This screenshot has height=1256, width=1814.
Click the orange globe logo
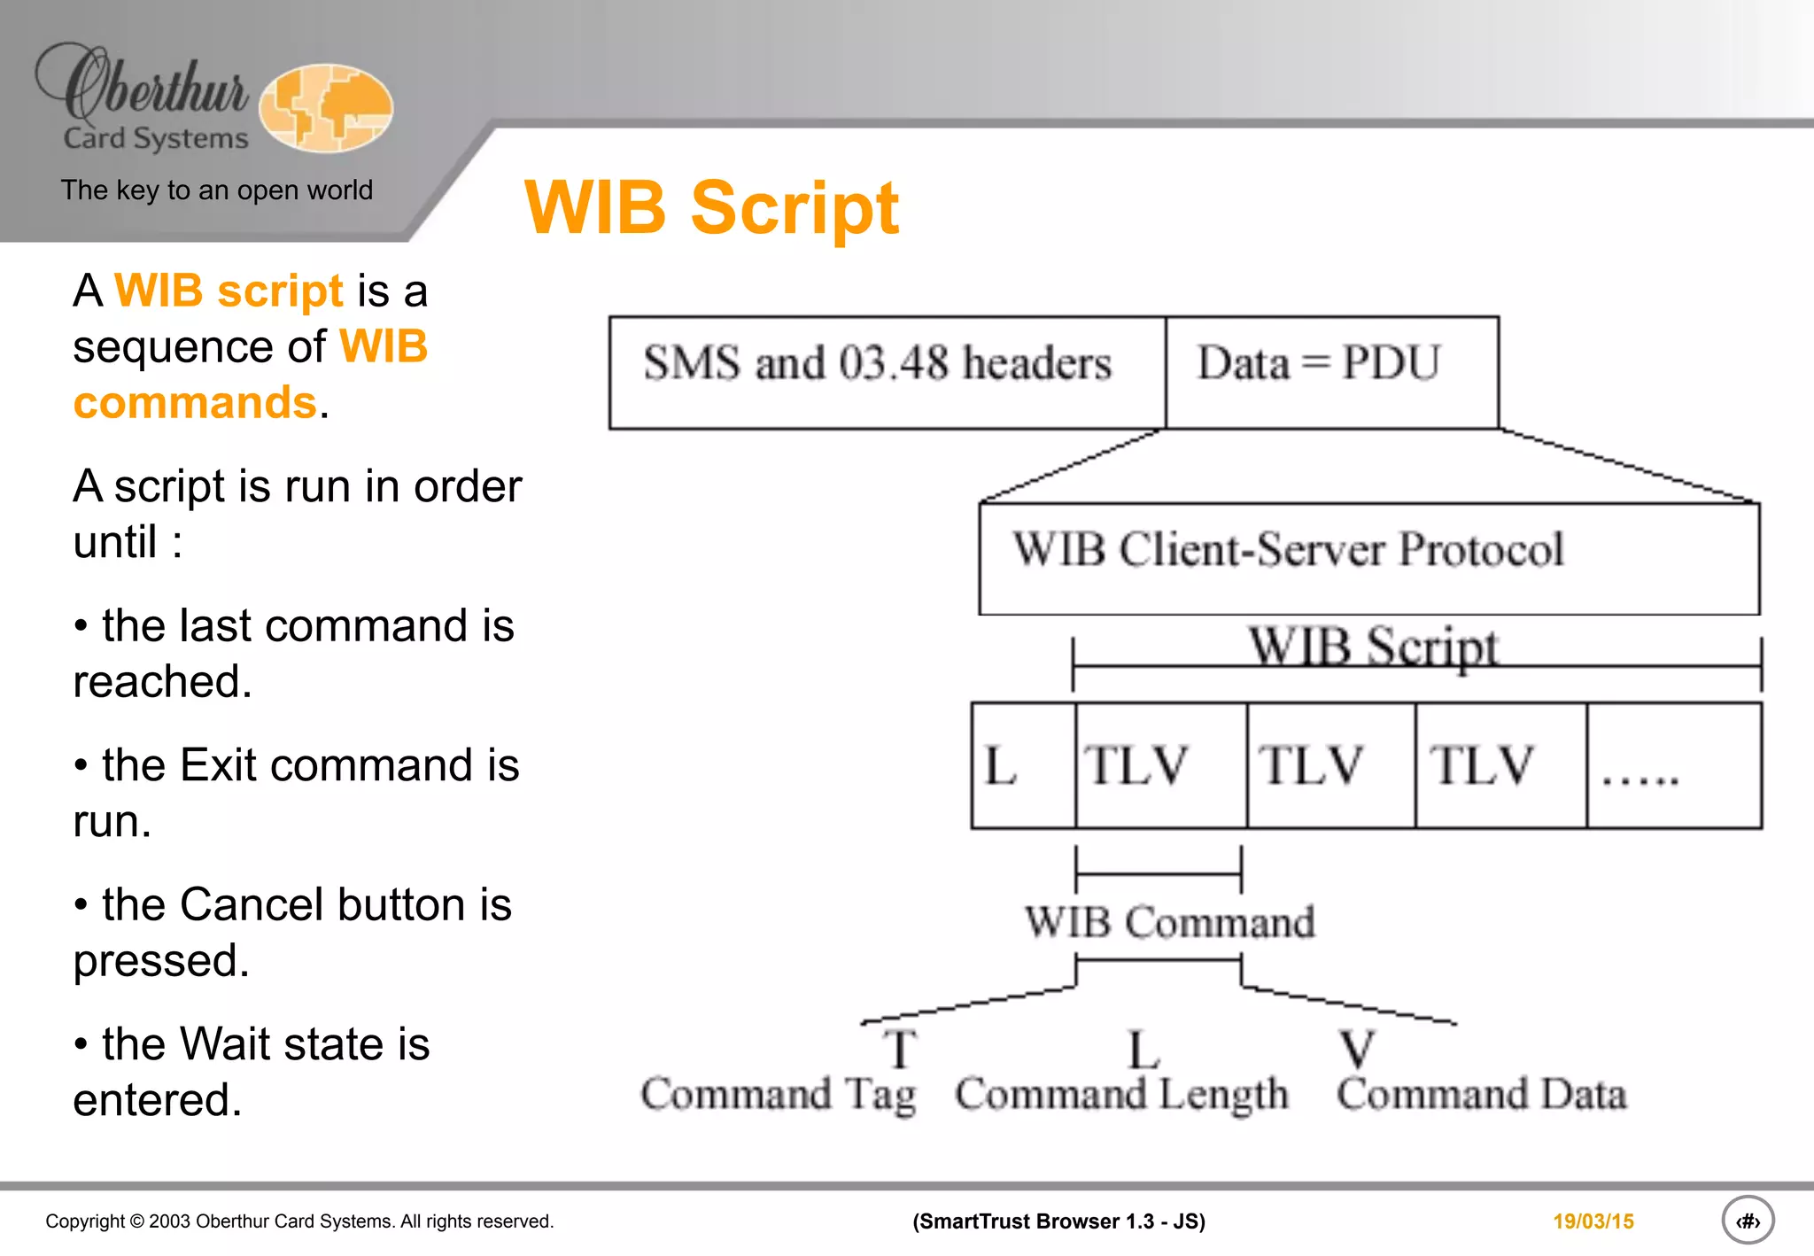point(326,107)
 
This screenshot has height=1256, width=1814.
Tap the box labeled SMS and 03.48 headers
point(887,372)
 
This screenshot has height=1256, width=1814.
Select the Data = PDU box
point(1331,372)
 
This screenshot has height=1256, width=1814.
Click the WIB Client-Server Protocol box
point(1368,558)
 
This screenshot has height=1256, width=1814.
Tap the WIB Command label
point(1169,922)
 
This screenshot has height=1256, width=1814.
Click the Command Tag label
point(778,1094)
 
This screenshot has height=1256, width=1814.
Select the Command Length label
point(1121,1094)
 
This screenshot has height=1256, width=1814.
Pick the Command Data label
point(1481,1094)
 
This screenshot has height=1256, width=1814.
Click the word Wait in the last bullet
point(223,1044)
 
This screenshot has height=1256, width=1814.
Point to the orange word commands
point(195,403)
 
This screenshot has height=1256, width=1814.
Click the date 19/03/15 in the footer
point(1593,1221)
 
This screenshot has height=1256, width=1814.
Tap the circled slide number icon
point(1748,1221)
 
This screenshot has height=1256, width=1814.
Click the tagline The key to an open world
point(217,190)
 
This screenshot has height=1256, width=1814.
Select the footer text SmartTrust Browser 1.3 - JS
point(1058,1221)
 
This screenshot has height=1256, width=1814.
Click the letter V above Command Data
point(1355,1049)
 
